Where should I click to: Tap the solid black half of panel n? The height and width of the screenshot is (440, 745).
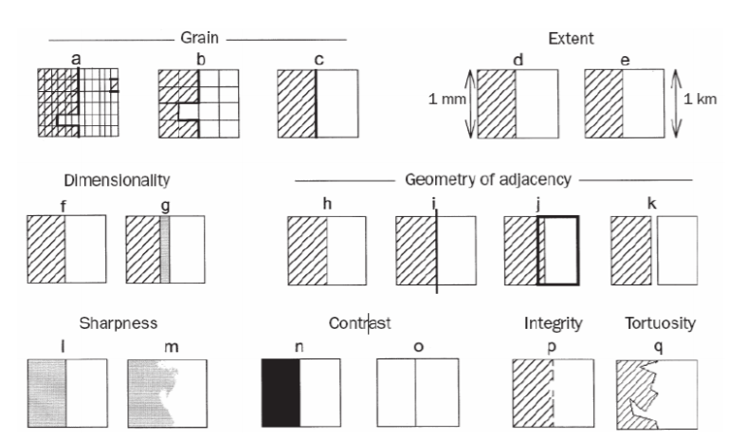pos(281,391)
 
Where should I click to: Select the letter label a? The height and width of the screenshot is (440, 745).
pos(76,59)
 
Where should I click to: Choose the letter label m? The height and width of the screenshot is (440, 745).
pos(171,346)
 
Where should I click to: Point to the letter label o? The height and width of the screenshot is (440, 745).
pos(417,346)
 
